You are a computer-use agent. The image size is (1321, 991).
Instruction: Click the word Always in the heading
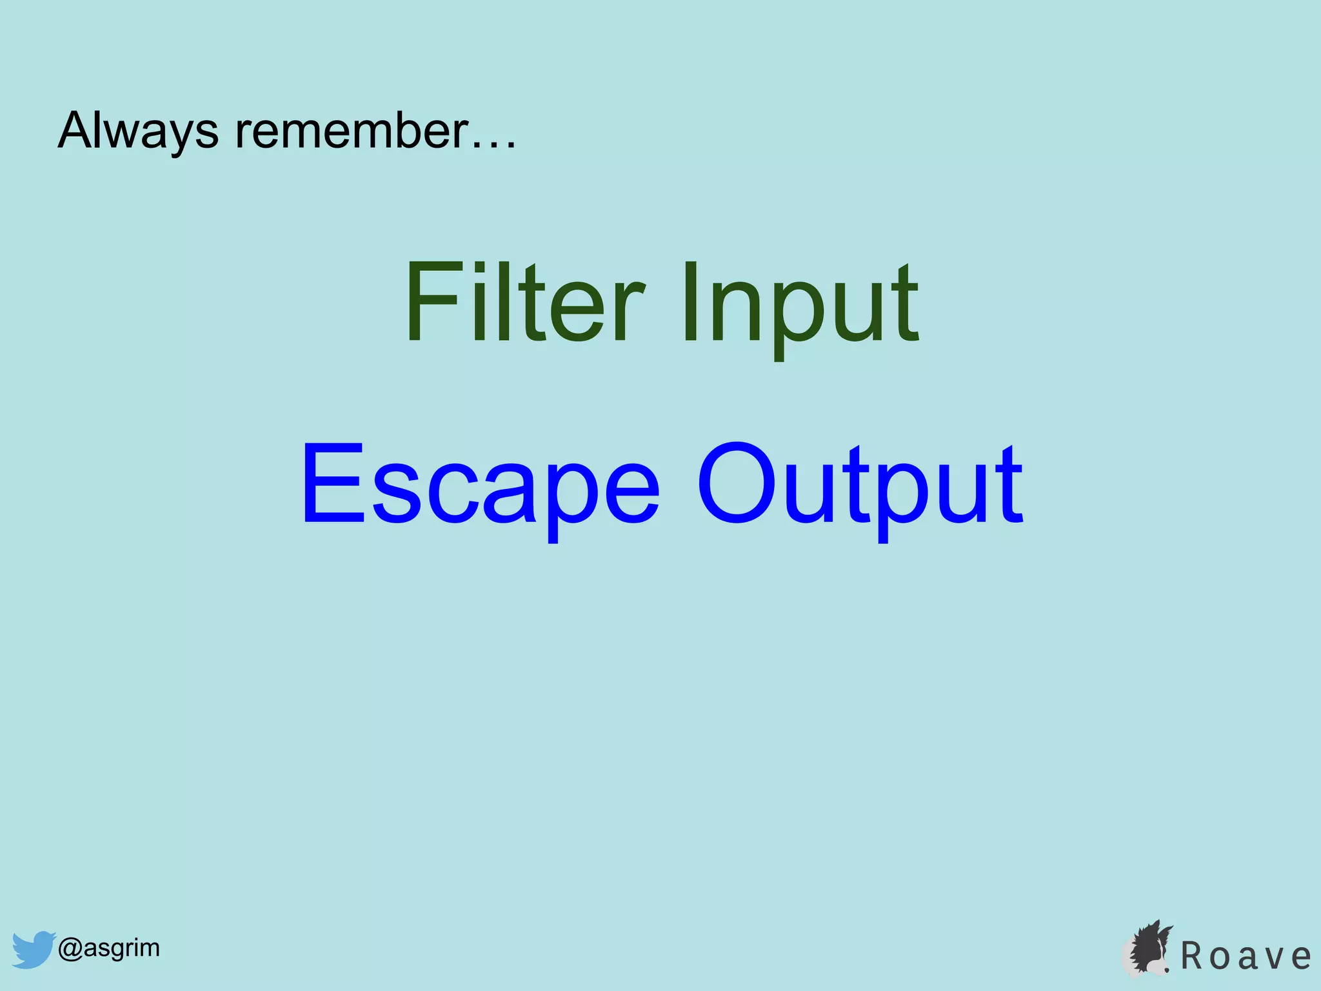pos(138,131)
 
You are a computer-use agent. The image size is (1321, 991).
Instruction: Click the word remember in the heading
pos(350,131)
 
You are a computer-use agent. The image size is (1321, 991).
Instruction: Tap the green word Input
pos(800,303)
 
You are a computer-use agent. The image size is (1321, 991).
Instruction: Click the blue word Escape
pos(480,484)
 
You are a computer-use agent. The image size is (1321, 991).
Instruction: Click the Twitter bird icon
pos(34,948)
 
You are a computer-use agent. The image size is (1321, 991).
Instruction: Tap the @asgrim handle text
pos(109,948)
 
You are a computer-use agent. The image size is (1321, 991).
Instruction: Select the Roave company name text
pos(1246,956)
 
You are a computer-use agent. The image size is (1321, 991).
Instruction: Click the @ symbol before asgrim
pos(70,948)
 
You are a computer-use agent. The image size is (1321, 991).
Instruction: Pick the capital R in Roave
pos(1194,956)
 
